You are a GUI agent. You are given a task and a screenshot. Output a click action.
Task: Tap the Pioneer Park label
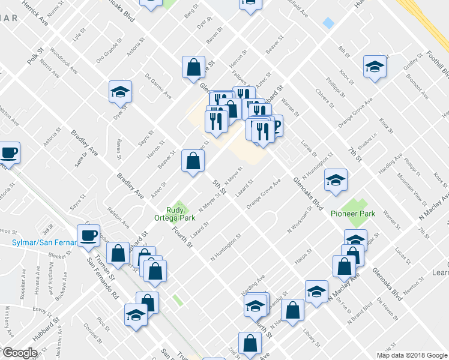(x=352, y=214)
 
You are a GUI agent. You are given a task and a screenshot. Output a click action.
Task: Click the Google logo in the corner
(x=20, y=353)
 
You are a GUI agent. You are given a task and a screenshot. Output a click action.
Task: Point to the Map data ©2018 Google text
(x=412, y=355)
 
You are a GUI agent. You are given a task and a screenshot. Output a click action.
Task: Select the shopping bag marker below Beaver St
(x=193, y=161)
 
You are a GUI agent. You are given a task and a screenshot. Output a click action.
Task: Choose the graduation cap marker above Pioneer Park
(x=336, y=179)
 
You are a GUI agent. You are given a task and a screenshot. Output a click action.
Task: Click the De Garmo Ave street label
(x=158, y=86)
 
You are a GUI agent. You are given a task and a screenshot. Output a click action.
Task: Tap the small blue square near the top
(x=328, y=22)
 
